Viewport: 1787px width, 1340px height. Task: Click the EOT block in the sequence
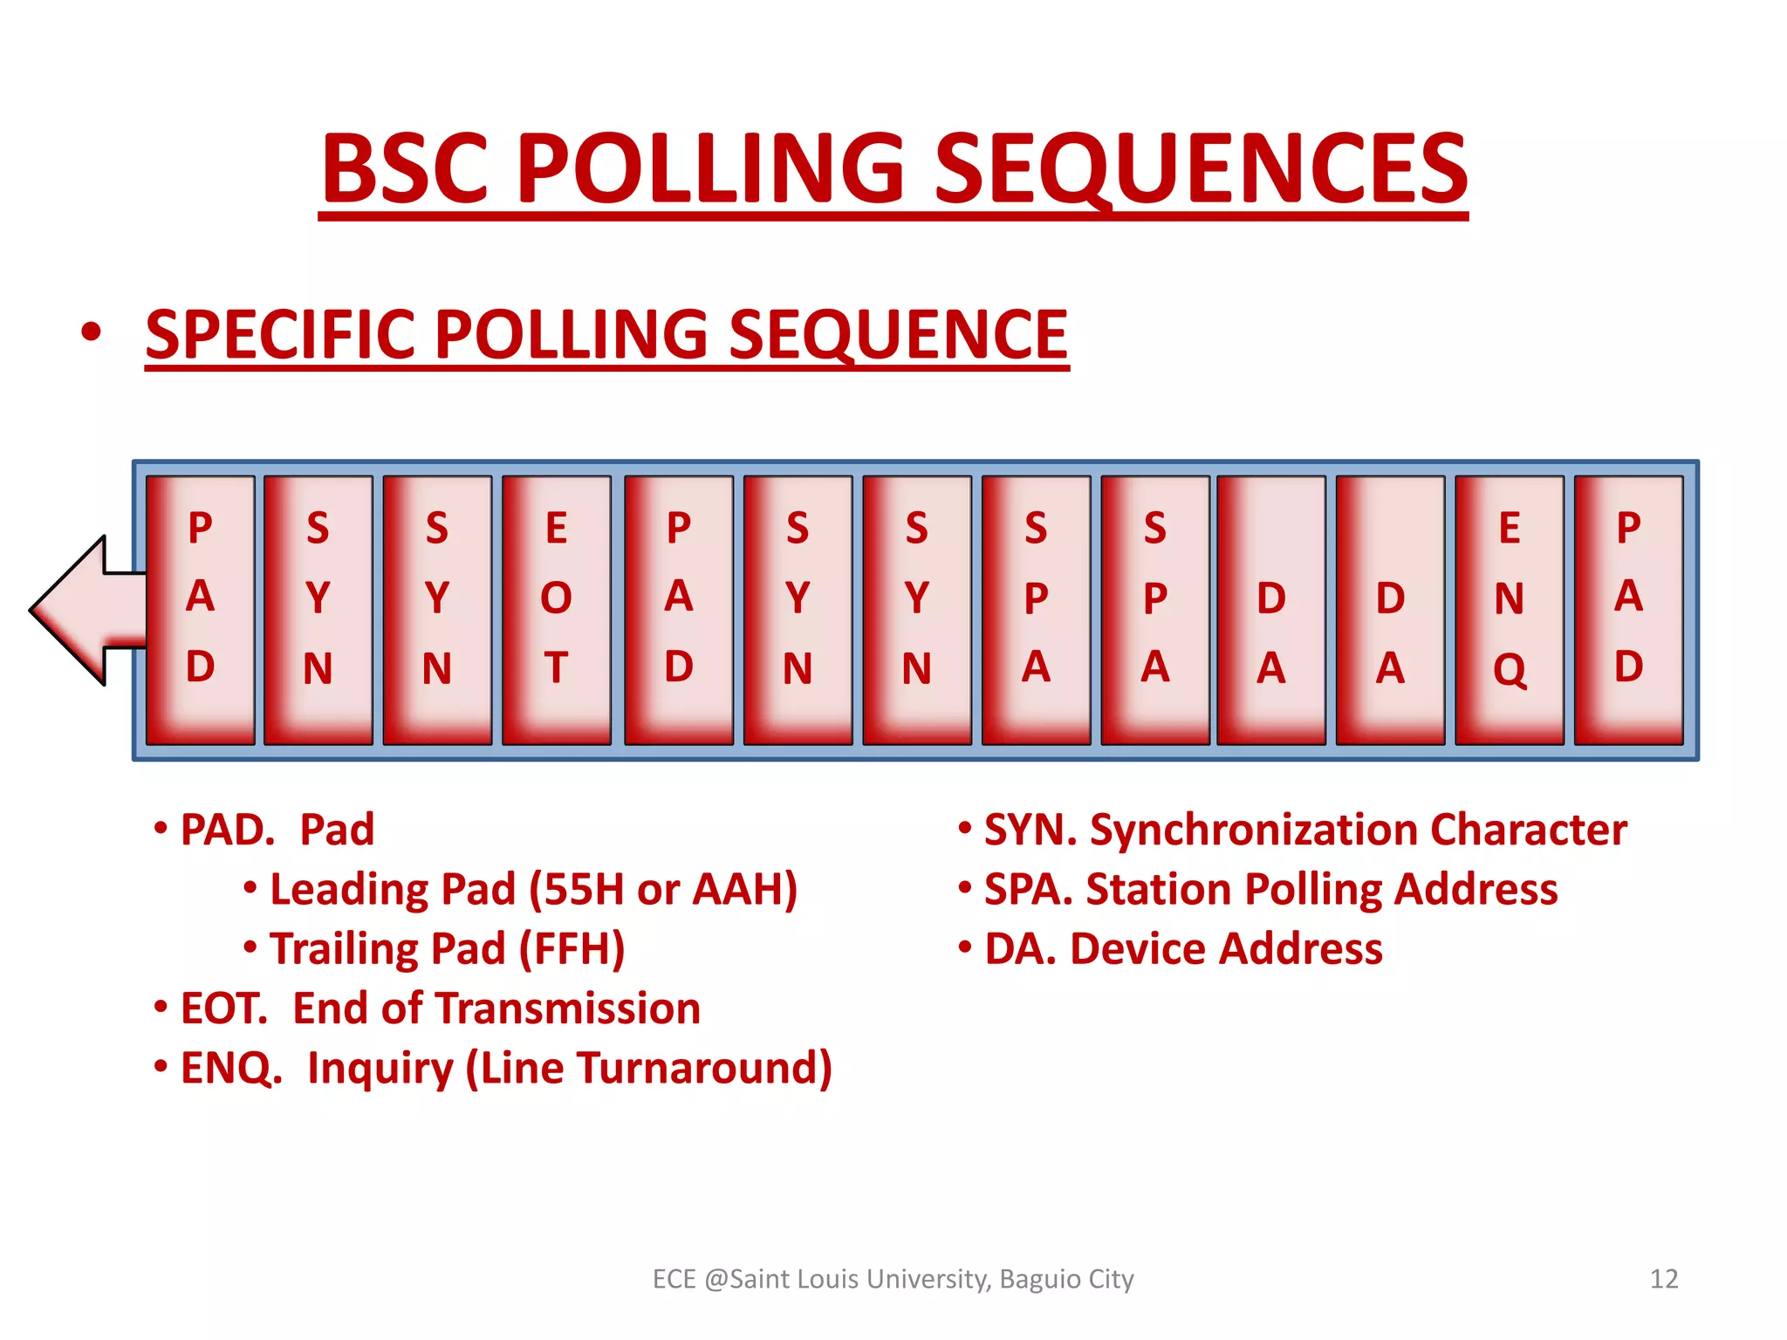[x=557, y=609]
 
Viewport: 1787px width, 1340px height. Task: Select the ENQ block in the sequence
[x=1510, y=609]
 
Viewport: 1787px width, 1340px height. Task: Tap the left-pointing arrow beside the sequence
[x=83, y=610]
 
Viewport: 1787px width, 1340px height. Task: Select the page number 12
[x=1664, y=1279]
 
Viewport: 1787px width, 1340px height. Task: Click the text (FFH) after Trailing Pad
[x=572, y=949]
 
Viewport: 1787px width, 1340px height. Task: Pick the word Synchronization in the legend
[x=1252, y=830]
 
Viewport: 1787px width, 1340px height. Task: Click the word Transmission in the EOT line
[x=568, y=1008]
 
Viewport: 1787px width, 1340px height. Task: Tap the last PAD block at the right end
[x=1628, y=609]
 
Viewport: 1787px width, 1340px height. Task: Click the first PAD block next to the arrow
[x=201, y=609]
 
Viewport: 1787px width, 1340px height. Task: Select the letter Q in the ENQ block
[x=1510, y=670]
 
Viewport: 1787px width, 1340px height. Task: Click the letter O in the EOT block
[x=556, y=598]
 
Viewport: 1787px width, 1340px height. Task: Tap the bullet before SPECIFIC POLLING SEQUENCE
[x=90, y=333]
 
